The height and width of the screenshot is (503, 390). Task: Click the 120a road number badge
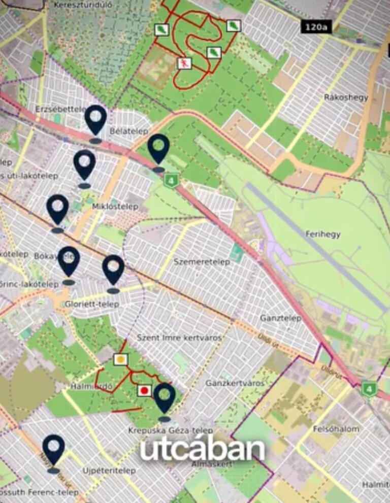(x=316, y=27)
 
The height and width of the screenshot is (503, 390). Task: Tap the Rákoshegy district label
(x=346, y=97)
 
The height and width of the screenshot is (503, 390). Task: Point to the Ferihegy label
(x=323, y=234)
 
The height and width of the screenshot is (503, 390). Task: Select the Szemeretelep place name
(x=202, y=262)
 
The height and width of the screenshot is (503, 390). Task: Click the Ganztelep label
(x=280, y=318)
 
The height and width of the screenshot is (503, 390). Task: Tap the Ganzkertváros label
(x=235, y=383)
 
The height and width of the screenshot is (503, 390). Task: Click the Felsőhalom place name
(x=336, y=428)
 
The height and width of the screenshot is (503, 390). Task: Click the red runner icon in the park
(x=184, y=63)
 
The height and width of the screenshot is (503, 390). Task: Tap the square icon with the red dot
(x=144, y=390)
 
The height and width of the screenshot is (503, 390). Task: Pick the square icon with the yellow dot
(x=121, y=360)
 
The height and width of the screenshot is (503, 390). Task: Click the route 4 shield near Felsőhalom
(x=368, y=389)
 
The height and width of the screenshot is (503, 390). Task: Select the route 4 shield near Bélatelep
(x=171, y=181)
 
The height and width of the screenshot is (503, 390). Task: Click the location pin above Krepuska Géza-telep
(x=164, y=398)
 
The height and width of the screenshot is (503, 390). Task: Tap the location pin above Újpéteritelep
(x=53, y=450)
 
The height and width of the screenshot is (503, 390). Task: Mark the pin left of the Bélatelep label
(x=95, y=120)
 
